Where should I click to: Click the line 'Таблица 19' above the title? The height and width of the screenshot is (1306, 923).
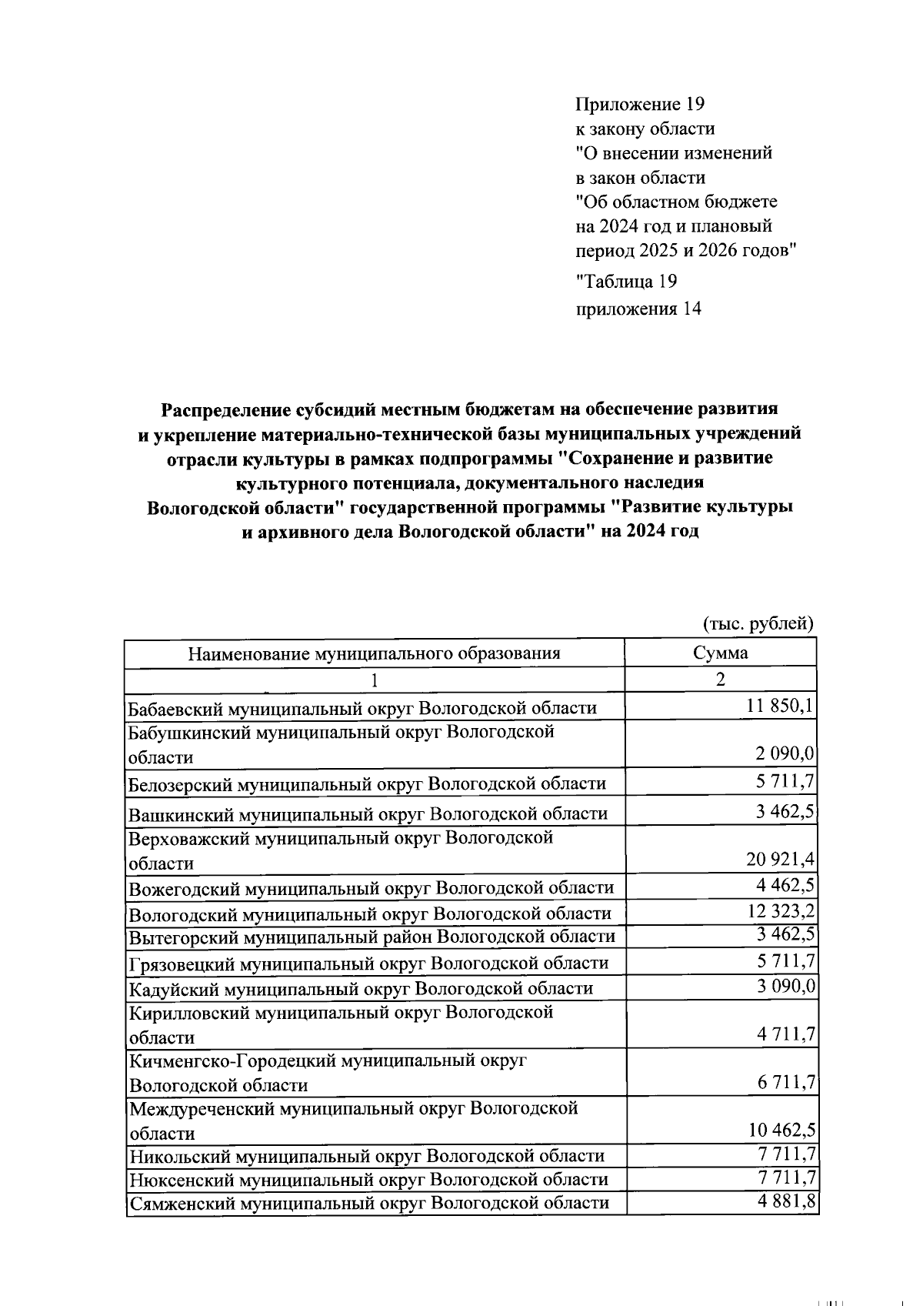coord(626,282)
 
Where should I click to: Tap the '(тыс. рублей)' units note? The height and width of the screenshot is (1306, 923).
coord(758,623)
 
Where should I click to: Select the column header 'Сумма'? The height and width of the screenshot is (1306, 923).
coord(720,653)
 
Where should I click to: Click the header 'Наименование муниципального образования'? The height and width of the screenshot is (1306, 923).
coord(375,653)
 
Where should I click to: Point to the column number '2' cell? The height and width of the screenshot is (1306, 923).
coord(720,680)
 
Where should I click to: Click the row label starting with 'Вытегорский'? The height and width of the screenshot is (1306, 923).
coord(372,937)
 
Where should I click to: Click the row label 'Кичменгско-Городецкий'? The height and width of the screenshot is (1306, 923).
coord(328,1061)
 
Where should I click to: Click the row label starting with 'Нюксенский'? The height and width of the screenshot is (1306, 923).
coord(368,1179)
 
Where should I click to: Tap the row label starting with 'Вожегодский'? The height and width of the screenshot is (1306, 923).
coord(372,888)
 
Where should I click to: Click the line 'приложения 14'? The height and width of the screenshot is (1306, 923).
coord(638,309)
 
